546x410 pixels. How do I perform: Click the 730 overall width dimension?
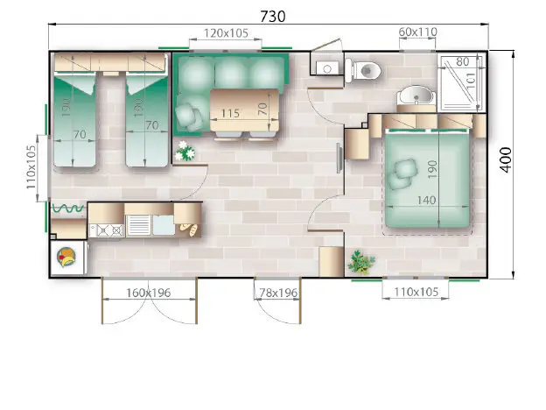pyautogui.click(x=273, y=16)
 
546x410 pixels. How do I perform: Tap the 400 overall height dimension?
pyautogui.click(x=506, y=159)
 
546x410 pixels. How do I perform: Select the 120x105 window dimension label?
pyautogui.click(x=226, y=33)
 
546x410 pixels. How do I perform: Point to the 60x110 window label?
pyautogui.click(x=417, y=32)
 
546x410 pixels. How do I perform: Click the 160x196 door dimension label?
pyautogui.click(x=149, y=293)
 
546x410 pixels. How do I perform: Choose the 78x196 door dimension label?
pyautogui.click(x=278, y=293)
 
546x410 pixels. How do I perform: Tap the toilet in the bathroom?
pyautogui.click(x=363, y=70)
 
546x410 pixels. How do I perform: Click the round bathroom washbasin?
pyautogui.click(x=416, y=95)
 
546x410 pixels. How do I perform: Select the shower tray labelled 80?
pyautogui.click(x=461, y=82)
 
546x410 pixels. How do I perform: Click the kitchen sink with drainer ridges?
pyautogui.click(x=139, y=225)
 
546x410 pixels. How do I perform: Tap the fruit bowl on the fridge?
pyautogui.click(x=67, y=257)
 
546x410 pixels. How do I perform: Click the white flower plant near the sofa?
pyautogui.click(x=185, y=151)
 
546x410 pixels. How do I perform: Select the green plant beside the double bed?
pyautogui.click(x=360, y=262)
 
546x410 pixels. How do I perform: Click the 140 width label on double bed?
pyautogui.click(x=427, y=200)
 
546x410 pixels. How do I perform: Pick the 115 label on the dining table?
pyautogui.click(x=230, y=113)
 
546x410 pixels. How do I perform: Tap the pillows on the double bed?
pyautogui.click(x=402, y=173)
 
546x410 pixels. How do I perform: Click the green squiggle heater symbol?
pyautogui.click(x=68, y=209)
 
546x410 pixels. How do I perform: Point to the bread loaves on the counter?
pyautogui.click(x=189, y=229)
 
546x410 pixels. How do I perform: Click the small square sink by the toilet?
pyautogui.click(x=327, y=68)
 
